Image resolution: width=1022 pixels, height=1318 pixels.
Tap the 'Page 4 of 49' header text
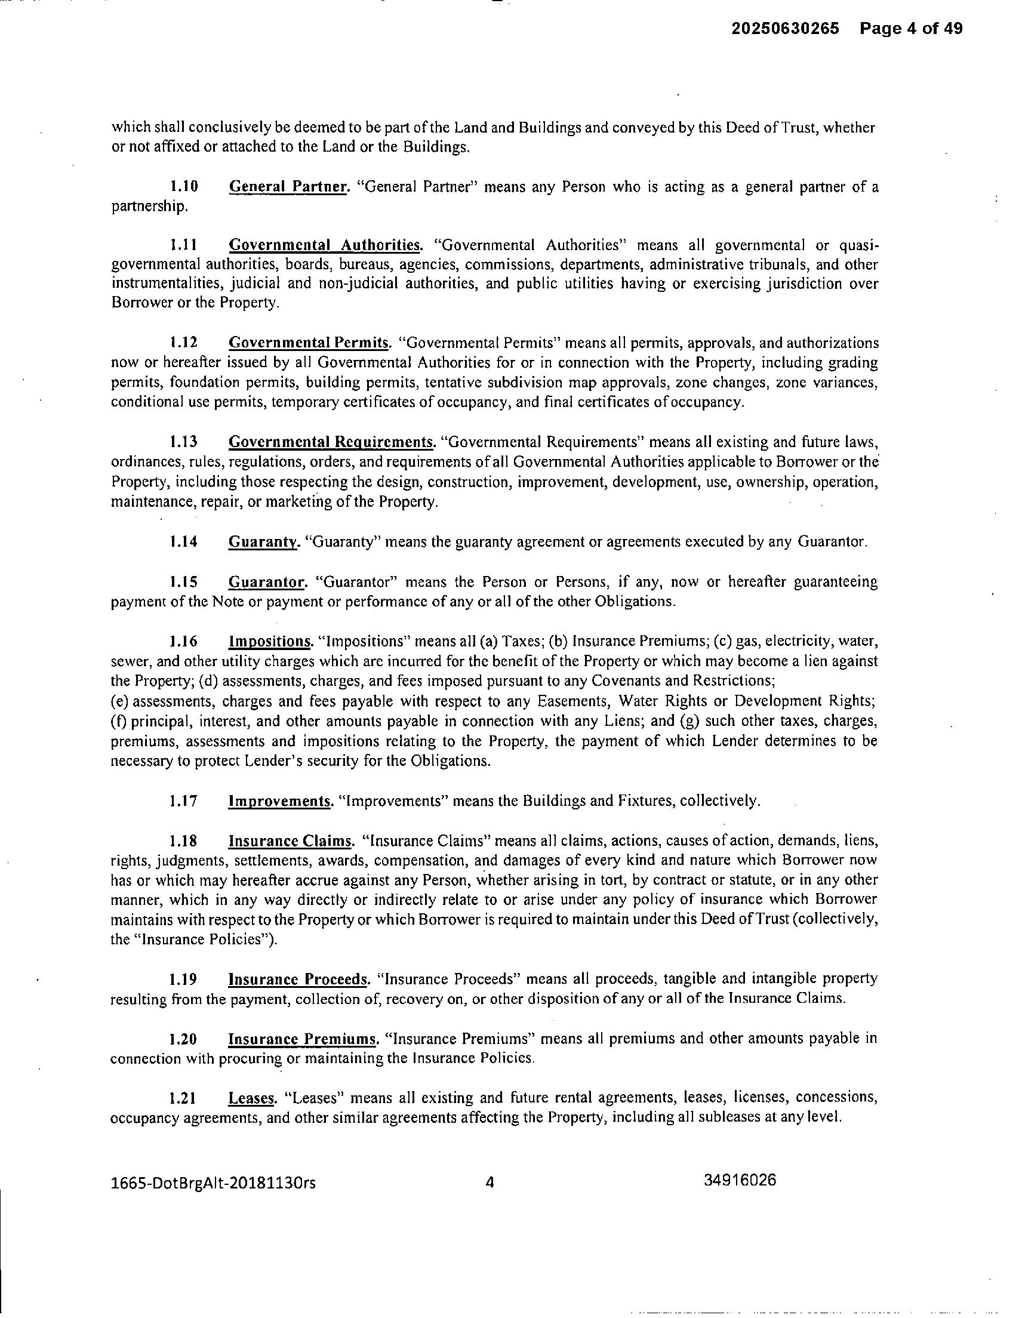911,29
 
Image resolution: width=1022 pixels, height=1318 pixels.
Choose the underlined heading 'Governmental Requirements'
331,442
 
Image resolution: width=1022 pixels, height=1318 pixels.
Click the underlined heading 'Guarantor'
268,582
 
